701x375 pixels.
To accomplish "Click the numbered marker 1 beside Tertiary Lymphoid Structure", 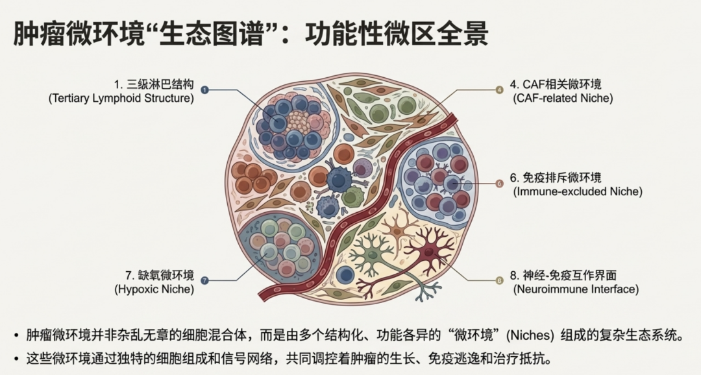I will coord(205,90).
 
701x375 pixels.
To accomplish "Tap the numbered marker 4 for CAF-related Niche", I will coord(499,90).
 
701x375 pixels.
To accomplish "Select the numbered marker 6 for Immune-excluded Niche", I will coord(499,184).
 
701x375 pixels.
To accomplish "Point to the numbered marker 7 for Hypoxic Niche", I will coord(205,280).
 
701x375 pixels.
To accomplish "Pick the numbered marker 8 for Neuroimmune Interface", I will coord(499,280).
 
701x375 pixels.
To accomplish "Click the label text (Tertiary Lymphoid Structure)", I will coord(121,99).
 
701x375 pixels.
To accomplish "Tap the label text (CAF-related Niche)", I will coord(562,99).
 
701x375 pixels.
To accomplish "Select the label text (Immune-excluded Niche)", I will coord(577,192).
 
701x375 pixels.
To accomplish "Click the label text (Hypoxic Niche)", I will coord(154,289).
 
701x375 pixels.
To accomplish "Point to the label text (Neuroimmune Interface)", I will coord(576,289).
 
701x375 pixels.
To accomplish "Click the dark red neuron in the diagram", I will coord(428,250).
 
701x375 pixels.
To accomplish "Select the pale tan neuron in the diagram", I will coord(395,226).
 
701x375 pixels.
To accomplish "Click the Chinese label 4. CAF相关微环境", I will coord(556,84).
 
